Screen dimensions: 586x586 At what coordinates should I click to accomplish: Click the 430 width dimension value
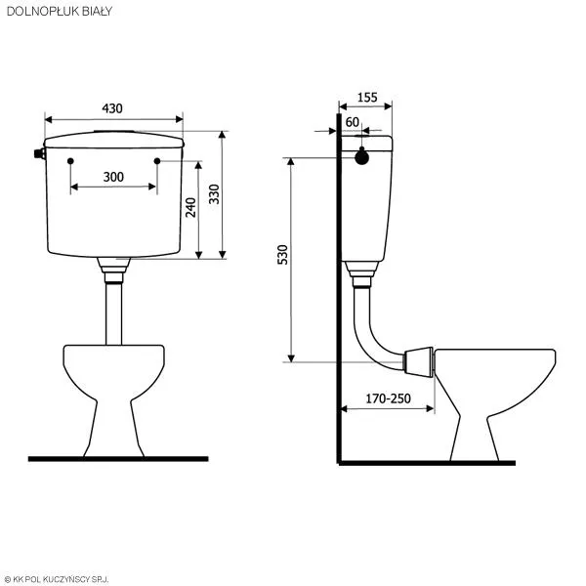click(x=113, y=108)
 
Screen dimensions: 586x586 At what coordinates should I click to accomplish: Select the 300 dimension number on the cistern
click(x=113, y=177)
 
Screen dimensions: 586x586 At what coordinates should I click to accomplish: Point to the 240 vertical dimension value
click(x=191, y=207)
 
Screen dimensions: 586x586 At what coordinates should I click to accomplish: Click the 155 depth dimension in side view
click(x=367, y=97)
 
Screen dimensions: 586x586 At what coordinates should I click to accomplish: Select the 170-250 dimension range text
click(x=387, y=398)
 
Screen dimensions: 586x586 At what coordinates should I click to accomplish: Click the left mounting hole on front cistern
click(x=71, y=159)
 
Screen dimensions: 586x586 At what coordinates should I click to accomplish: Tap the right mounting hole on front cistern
click(x=156, y=159)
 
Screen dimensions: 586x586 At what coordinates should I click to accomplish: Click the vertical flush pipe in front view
click(x=113, y=313)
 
